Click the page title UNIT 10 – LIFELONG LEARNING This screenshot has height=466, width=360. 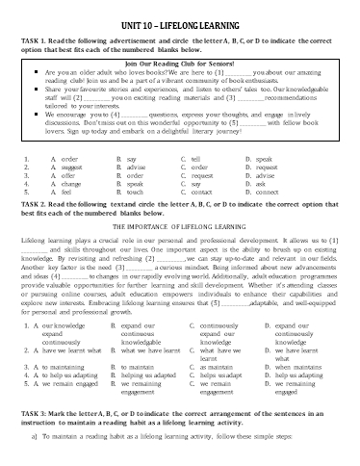179,10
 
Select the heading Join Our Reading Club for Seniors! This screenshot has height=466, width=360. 179,62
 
